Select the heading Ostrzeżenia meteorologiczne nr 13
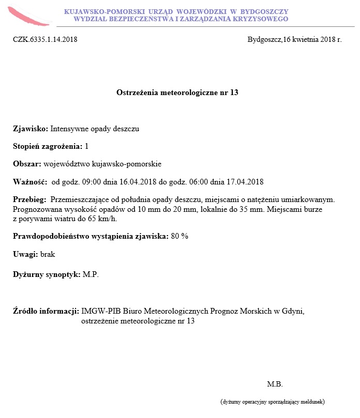[177, 92]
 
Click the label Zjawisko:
[31, 129]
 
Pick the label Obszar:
[27, 164]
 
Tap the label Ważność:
[29, 182]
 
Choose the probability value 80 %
[179, 236]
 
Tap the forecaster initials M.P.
[91, 274]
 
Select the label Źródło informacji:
[46, 311]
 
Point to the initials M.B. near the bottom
[275, 384]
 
